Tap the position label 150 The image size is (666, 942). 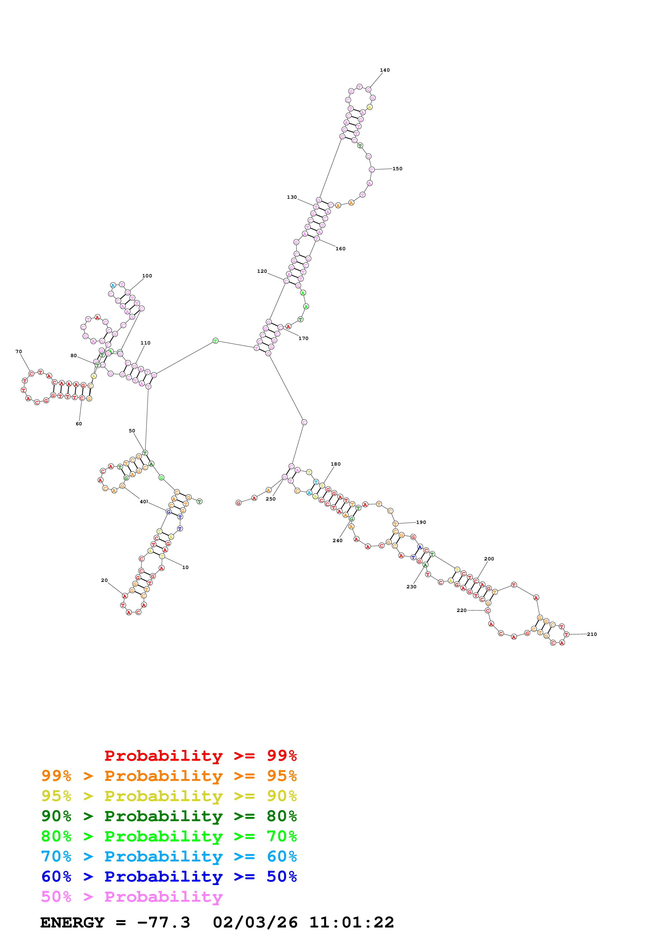[397, 169]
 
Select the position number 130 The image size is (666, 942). [292, 197]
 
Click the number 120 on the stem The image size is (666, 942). [262, 271]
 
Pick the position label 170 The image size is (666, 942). [303, 338]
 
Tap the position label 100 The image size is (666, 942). [147, 276]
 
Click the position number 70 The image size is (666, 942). [19, 352]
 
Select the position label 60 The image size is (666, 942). [79, 424]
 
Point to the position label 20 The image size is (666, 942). [104, 581]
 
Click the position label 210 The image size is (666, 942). [592, 634]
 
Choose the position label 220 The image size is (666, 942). [462, 610]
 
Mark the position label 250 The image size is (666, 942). [271, 499]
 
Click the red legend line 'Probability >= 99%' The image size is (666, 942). [200, 756]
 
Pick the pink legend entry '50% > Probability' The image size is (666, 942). [132, 897]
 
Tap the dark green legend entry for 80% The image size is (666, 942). [169, 816]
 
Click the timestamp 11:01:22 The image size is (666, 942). [352, 923]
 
